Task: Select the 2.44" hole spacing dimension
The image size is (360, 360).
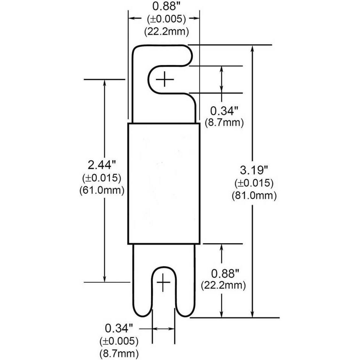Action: click(x=102, y=165)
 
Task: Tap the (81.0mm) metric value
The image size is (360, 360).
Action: click(x=254, y=196)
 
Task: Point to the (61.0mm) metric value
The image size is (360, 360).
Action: click(x=102, y=190)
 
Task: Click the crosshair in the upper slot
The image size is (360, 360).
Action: click(x=165, y=80)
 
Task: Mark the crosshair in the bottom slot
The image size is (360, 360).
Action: click(x=163, y=282)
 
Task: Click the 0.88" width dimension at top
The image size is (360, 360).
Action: click(x=166, y=6)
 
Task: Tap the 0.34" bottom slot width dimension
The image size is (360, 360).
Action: click(x=119, y=328)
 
